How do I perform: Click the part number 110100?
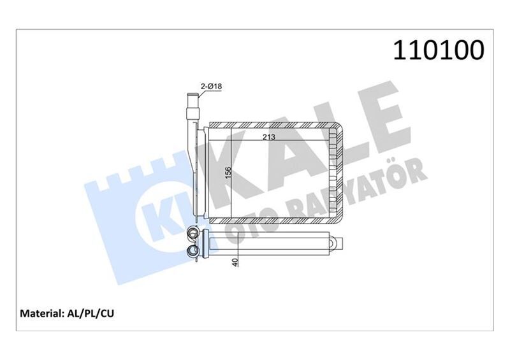click(x=439, y=50)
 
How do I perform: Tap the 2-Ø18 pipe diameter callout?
click(x=211, y=85)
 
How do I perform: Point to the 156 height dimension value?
click(x=227, y=173)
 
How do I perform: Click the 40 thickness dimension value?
click(x=236, y=261)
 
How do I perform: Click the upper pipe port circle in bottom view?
click(x=192, y=236)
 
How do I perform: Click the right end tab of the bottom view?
click(x=338, y=243)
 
